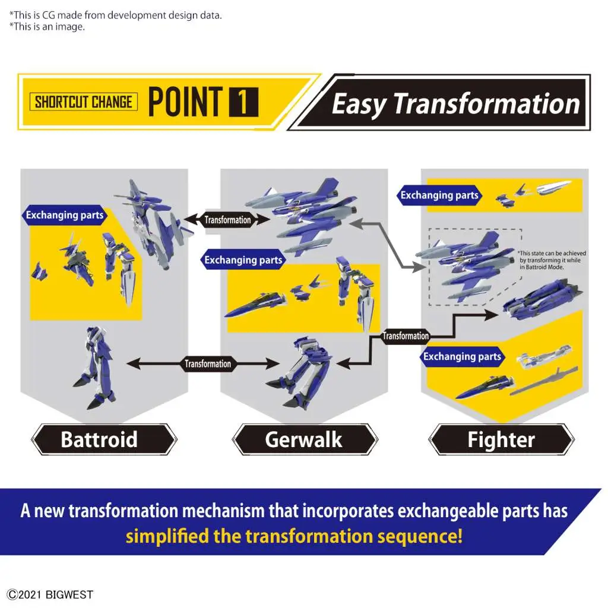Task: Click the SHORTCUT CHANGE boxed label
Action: click(83, 102)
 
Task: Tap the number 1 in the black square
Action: click(243, 102)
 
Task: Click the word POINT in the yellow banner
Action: click(185, 102)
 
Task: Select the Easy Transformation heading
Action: click(455, 103)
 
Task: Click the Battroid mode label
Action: click(99, 439)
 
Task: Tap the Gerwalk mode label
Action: click(304, 439)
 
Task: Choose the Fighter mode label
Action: click(501, 439)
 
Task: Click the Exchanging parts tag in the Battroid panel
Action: click(64, 215)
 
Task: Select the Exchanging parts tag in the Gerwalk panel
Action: click(243, 260)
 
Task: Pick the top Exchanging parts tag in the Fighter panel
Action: click(439, 195)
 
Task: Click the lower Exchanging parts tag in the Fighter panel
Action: click(462, 356)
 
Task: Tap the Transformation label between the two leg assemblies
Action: click(207, 364)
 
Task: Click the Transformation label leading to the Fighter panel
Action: click(406, 336)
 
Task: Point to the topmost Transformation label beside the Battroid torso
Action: click(227, 220)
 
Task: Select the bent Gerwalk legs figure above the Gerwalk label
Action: click(299, 373)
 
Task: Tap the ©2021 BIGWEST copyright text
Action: click(50, 594)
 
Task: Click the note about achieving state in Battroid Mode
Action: click(552, 260)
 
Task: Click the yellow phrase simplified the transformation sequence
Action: click(294, 536)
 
